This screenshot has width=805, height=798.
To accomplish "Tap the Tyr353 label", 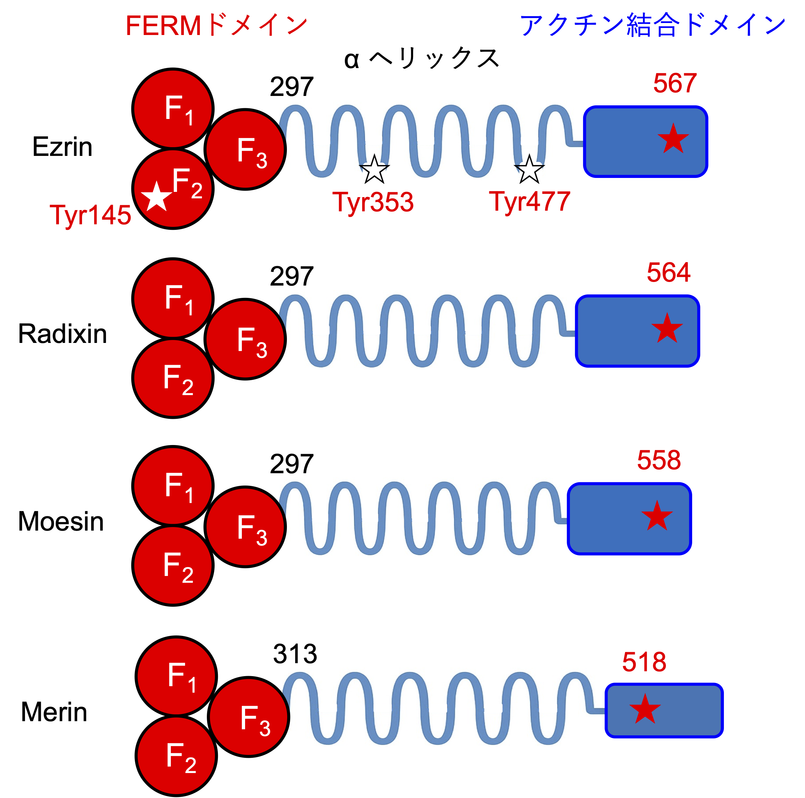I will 373,202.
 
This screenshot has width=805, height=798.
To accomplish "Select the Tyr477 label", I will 529,202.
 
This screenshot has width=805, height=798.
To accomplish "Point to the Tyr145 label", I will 90,215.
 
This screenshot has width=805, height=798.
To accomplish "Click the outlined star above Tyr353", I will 374,170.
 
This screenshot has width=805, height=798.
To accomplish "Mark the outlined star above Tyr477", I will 529,170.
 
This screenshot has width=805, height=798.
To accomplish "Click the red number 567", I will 675,83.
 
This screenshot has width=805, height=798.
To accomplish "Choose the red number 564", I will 668,273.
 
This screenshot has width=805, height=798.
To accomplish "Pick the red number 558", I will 659,460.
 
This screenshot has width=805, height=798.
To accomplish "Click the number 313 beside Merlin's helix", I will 295,654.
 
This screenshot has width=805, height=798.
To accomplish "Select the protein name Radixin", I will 63,334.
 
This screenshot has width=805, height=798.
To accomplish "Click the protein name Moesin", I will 61,522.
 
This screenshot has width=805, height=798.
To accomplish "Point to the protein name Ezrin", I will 63,147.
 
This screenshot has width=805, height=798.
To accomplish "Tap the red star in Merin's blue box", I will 645,709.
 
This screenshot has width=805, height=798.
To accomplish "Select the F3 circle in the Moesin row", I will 245,527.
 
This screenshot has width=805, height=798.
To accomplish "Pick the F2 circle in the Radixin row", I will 173,378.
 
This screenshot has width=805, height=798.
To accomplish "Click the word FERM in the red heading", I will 163,26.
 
